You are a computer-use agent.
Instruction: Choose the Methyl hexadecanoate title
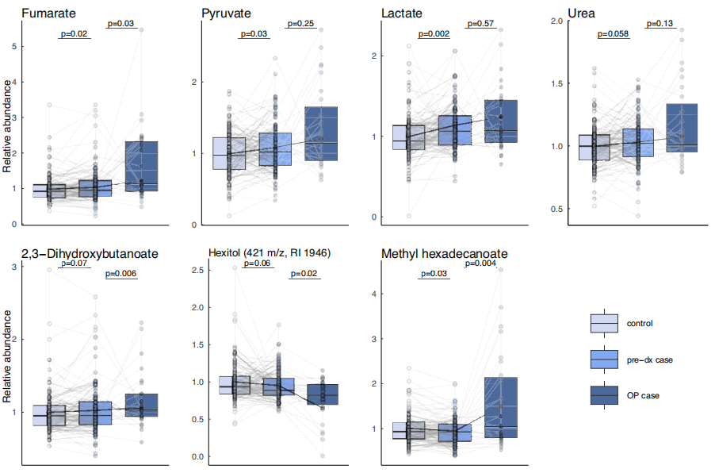[x=445, y=254]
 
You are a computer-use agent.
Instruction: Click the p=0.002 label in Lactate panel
[x=433, y=34]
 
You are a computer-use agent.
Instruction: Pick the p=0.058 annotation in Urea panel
[x=614, y=34]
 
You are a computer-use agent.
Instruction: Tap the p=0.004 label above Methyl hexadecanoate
[x=483, y=263]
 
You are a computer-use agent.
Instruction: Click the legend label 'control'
[x=640, y=323]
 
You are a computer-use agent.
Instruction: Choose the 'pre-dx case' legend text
[x=649, y=360]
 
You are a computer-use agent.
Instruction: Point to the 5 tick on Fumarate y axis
[x=13, y=47]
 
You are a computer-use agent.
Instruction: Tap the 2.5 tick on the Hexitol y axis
[x=196, y=271]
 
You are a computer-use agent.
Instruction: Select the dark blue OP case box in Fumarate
[x=141, y=166]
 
